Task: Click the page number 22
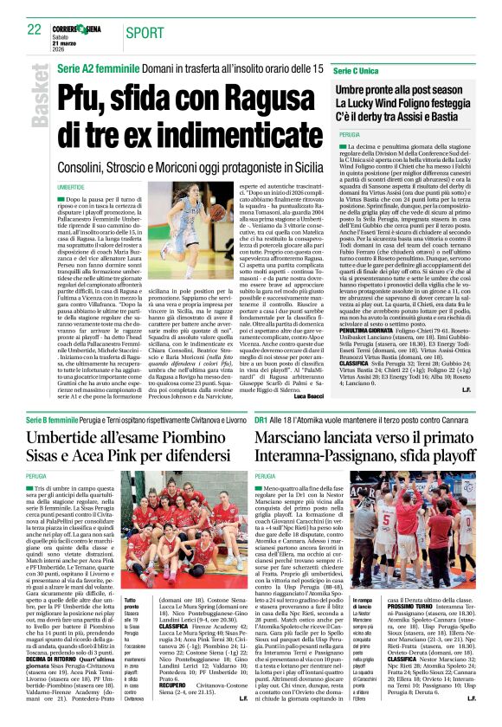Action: (x=34, y=29)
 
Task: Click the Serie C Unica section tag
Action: (x=355, y=69)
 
